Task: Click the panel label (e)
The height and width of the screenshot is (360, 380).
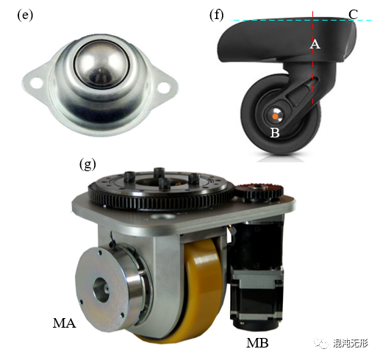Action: point(25,15)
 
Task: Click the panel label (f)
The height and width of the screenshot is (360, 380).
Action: point(217,15)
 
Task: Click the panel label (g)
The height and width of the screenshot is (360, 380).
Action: point(87,164)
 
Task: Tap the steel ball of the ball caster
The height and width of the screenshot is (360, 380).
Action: point(99,65)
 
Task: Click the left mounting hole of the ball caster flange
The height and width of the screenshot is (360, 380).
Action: point(36,82)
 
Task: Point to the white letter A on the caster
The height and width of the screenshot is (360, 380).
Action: point(315,44)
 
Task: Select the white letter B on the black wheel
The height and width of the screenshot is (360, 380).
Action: point(275,132)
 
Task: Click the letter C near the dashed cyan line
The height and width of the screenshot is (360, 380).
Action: point(353,15)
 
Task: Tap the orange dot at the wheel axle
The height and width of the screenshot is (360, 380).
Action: point(276,117)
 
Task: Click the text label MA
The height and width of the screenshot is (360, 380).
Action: point(64,323)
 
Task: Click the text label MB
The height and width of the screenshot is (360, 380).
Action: point(257,343)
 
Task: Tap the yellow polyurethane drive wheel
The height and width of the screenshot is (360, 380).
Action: point(204,289)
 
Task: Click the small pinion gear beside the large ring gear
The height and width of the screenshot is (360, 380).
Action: point(259,192)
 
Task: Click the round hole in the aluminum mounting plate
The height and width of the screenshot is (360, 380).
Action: point(162,217)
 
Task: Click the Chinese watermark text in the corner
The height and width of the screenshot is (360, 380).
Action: point(351,343)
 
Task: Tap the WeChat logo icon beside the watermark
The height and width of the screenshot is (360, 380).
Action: point(321,343)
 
